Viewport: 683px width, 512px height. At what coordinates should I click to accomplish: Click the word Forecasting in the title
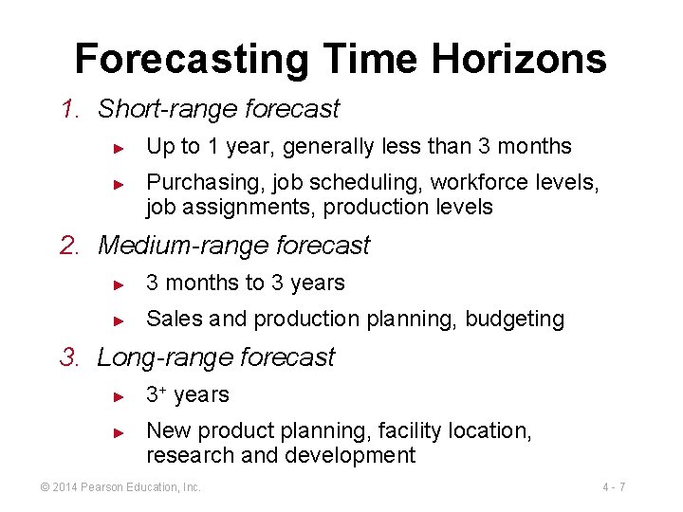click(x=191, y=59)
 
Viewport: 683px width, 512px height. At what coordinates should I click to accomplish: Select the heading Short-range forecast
click(x=218, y=109)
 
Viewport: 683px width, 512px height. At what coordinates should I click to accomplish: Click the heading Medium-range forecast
click(x=233, y=246)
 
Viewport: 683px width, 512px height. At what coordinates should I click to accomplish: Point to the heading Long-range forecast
click(x=216, y=357)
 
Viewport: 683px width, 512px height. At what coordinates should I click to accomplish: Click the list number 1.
click(x=68, y=109)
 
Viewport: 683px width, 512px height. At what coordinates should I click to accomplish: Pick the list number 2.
click(x=68, y=246)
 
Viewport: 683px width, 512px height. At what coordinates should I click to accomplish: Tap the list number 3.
click(x=68, y=357)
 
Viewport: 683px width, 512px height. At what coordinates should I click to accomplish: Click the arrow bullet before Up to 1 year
click(x=119, y=148)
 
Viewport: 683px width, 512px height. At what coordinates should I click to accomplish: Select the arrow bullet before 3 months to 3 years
click(x=119, y=284)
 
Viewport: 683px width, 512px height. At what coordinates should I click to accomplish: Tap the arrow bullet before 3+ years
click(x=119, y=396)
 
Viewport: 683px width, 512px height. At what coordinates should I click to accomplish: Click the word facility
click(x=409, y=431)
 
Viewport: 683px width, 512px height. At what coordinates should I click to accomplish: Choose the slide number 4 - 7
click(x=613, y=487)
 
